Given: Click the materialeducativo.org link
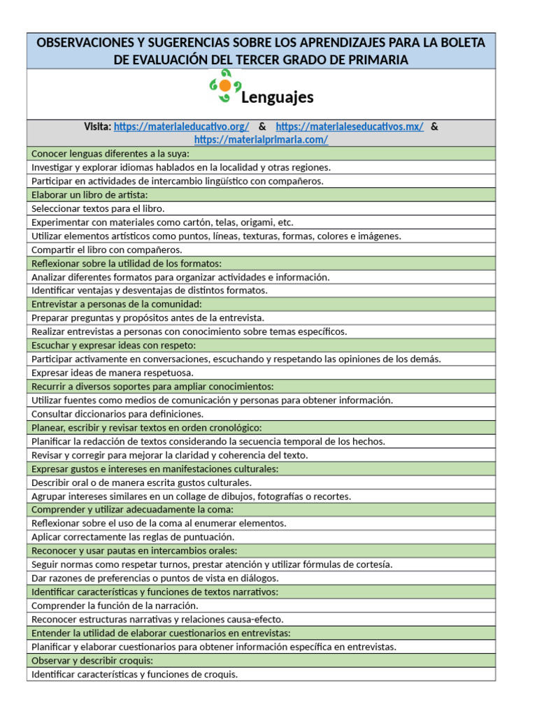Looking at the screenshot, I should click(181, 127).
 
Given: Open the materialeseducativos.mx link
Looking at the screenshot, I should click(350, 127).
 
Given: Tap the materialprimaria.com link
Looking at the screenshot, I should click(261, 140).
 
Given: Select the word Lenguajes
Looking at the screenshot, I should click(277, 97).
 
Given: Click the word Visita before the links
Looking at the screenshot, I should click(97, 127).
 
